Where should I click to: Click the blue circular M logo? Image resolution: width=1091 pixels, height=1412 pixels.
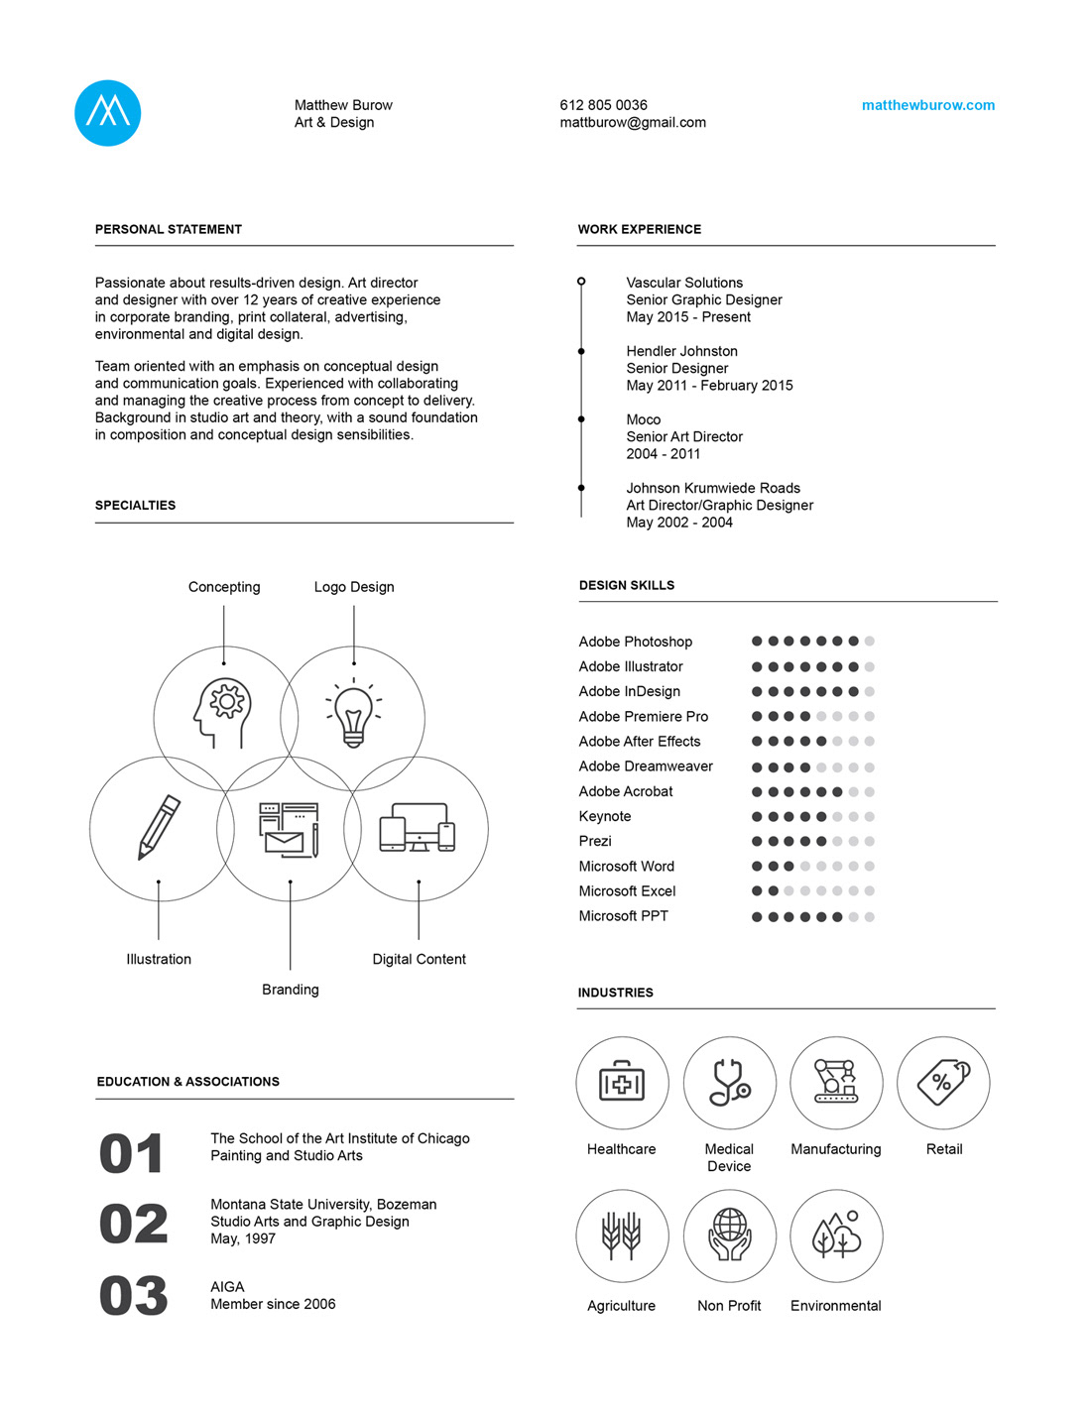pyautogui.click(x=107, y=113)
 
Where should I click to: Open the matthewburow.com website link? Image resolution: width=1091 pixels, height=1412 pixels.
pyautogui.click(x=927, y=105)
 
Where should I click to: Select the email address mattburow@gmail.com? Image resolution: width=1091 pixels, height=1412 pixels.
pyautogui.click(x=633, y=123)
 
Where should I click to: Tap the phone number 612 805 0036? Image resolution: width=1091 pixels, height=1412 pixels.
pyautogui.click(x=603, y=105)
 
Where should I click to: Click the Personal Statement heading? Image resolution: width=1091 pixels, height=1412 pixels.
pyautogui.click(x=169, y=229)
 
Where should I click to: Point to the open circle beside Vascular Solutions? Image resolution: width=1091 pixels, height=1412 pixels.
pyautogui.click(x=581, y=282)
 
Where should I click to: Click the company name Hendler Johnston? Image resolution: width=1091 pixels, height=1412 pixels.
pyautogui.click(x=681, y=351)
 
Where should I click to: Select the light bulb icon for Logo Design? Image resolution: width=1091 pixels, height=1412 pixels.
pyautogui.click(x=353, y=714)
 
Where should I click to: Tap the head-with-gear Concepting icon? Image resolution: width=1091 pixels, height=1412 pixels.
pyautogui.click(x=223, y=712)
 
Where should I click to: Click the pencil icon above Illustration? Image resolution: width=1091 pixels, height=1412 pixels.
pyautogui.click(x=159, y=827)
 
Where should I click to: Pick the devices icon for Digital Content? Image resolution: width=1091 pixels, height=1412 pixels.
pyautogui.click(x=418, y=827)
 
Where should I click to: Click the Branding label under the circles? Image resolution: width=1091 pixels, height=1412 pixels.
pyautogui.click(x=291, y=990)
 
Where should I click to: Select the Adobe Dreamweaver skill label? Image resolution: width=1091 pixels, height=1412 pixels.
pyautogui.click(x=646, y=766)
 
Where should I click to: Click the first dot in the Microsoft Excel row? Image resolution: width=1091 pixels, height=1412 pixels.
pyautogui.click(x=757, y=891)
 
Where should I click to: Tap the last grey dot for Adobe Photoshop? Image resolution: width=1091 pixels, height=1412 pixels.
pyautogui.click(x=870, y=642)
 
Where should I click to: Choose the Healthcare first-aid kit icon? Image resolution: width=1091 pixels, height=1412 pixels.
pyautogui.click(x=622, y=1083)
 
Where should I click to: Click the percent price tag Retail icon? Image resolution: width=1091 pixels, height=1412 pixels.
pyautogui.click(x=943, y=1082)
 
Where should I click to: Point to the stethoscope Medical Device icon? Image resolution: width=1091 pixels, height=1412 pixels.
pyautogui.click(x=729, y=1083)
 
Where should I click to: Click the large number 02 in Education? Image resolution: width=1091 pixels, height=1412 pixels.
pyautogui.click(x=134, y=1224)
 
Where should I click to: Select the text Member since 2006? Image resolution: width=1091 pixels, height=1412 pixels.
pyautogui.click(x=273, y=1304)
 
